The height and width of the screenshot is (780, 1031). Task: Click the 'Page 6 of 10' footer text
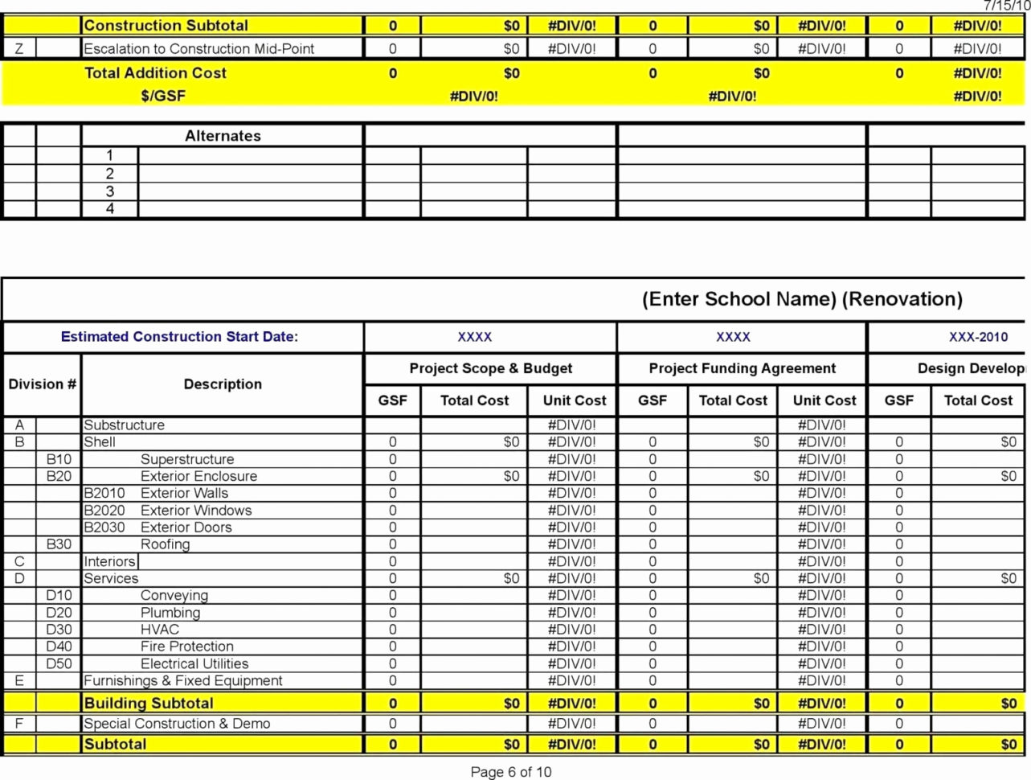tap(510, 772)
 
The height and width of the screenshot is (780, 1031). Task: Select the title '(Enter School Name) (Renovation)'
tap(801, 299)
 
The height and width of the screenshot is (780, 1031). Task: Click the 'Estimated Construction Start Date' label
tap(179, 337)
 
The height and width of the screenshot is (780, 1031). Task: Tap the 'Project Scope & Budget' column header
tap(490, 368)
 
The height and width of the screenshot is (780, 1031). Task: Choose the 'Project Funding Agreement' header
tap(742, 368)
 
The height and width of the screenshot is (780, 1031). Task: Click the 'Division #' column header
tap(42, 384)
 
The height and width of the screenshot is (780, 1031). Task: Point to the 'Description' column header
tap(223, 384)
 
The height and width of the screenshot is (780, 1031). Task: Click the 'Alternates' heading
tap(223, 136)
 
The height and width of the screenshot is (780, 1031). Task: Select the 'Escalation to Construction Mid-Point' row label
tap(199, 49)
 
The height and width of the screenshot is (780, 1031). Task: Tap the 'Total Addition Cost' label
tap(155, 73)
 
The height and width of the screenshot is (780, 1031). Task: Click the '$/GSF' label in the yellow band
tap(163, 96)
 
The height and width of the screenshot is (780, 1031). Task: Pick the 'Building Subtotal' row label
tap(149, 704)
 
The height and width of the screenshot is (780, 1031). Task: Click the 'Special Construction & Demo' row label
tap(177, 724)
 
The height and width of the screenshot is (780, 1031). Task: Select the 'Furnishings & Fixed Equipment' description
tap(183, 681)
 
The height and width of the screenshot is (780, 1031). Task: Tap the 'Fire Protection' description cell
tap(186, 647)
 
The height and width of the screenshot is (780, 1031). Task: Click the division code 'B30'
tap(59, 544)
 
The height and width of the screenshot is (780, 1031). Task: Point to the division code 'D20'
tap(59, 613)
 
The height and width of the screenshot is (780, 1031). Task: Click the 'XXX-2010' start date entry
tap(977, 337)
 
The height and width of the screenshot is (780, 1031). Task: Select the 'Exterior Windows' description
tap(195, 511)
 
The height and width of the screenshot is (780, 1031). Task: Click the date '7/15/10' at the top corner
tap(1005, 6)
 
